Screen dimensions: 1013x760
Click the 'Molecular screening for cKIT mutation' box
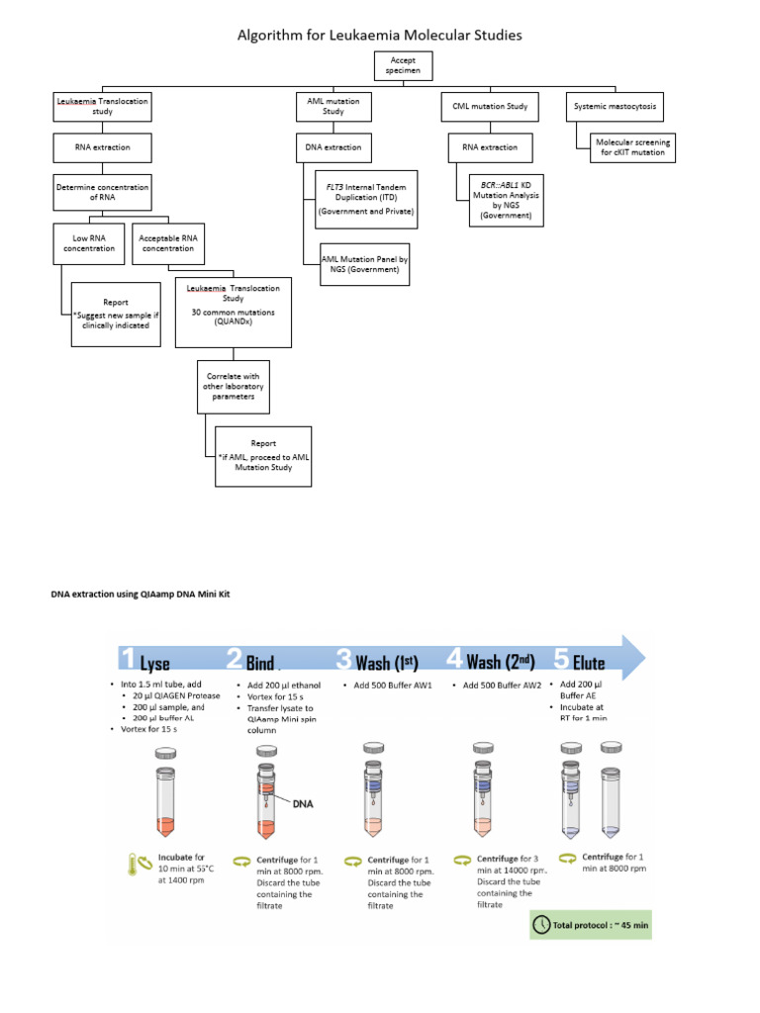coord(632,148)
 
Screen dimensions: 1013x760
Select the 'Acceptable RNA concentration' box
coord(168,242)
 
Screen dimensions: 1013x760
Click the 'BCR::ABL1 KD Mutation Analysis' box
coord(500,199)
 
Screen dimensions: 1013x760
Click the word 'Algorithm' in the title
coord(276,36)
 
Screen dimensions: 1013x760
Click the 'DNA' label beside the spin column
coord(302,803)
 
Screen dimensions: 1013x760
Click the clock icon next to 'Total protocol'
coord(543,926)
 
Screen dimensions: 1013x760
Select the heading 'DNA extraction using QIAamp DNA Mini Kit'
coord(146,593)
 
